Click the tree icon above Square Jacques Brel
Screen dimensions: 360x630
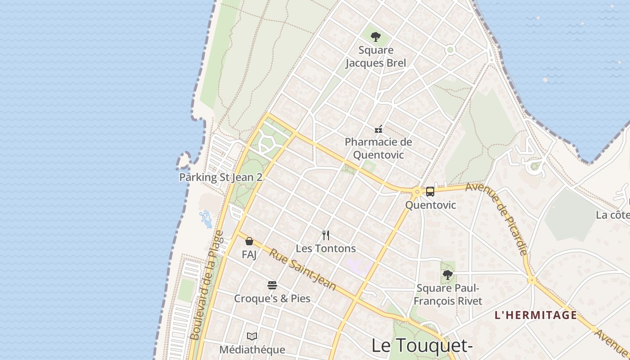tap(375, 37)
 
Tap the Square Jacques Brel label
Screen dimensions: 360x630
tap(376, 57)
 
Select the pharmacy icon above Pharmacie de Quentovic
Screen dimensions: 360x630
tap(379, 129)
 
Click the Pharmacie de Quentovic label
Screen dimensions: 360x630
tap(378, 148)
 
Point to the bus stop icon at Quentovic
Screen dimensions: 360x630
tap(430, 192)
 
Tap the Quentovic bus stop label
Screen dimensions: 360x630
tap(431, 205)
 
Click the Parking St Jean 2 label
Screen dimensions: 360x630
tap(220, 177)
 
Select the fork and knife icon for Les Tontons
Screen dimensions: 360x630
tap(326, 235)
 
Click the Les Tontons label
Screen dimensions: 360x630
tap(326, 248)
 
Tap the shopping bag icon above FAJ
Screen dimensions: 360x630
tap(249, 241)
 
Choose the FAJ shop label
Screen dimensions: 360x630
tap(249, 255)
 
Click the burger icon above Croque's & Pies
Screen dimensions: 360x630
tap(272, 285)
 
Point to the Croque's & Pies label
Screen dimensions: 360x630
tap(272, 298)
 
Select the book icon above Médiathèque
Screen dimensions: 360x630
tap(252, 336)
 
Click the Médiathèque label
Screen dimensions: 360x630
tap(252, 350)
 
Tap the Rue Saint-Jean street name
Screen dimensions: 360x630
tap(302, 270)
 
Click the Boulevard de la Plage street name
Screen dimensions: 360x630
tap(207, 285)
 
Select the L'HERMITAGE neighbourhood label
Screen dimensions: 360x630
tap(535, 315)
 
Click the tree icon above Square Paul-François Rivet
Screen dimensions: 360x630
tap(447, 274)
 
